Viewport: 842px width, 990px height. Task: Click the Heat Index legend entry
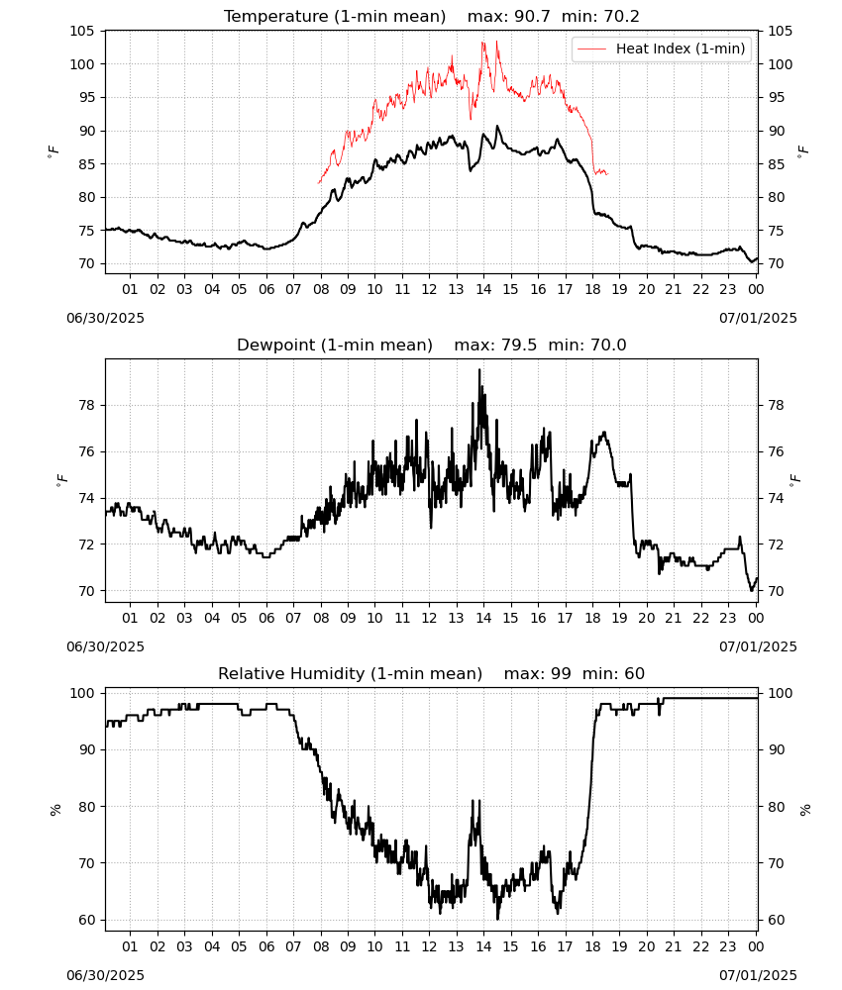coord(662,49)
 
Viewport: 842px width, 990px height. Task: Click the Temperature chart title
coord(432,16)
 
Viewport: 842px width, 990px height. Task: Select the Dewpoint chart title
coord(432,345)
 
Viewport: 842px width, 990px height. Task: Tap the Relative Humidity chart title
coord(432,673)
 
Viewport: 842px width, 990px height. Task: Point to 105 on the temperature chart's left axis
coord(83,31)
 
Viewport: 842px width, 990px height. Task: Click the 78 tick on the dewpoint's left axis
coord(87,405)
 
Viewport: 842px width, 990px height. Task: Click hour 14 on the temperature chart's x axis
coord(483,289)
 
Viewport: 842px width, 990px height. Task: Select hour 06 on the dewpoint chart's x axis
coord(266,618)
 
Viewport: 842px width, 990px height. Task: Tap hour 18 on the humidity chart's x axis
coord(592,946)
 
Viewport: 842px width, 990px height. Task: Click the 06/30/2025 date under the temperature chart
coord(105,318)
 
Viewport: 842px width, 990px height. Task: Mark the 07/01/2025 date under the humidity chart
coord(758,975)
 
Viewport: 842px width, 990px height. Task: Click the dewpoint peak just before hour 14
coord(479,369)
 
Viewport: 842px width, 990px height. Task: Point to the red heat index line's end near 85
coord(607,173)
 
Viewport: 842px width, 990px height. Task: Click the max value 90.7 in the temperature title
coord(533,16)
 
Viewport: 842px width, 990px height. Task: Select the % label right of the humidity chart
coord(804,810)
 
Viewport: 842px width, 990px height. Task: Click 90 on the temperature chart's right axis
coord(776,131)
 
